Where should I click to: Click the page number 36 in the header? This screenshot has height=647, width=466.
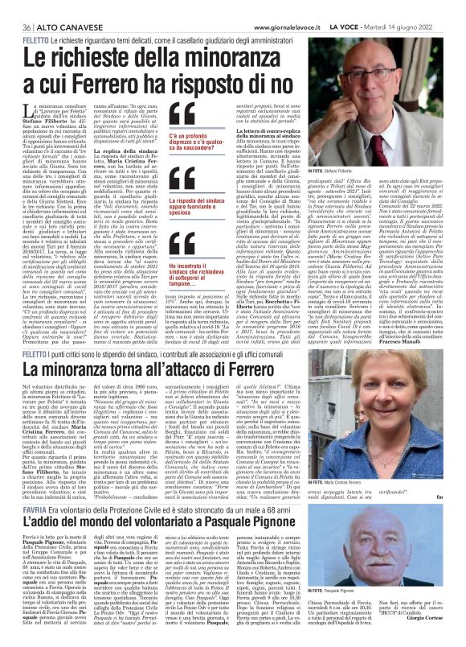tap(14, 7)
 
